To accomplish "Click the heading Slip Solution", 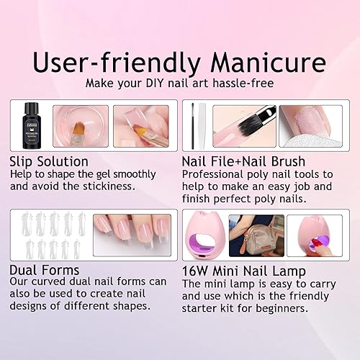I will pyautogui.click(x=49, y=161).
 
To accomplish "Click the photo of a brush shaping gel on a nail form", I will pyautogui.click(x=141, y=125).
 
